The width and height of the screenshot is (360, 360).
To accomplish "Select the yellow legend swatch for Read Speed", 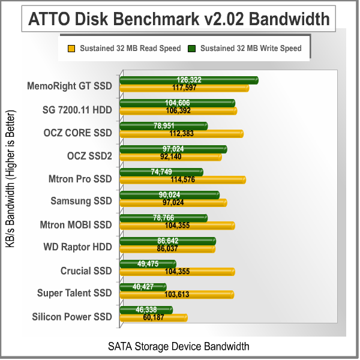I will [71, 48].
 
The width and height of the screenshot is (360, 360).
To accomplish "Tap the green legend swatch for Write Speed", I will [192, 48].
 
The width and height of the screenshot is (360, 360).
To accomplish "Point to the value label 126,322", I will [188, 80].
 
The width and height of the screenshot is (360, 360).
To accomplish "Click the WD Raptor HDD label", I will [77, 247].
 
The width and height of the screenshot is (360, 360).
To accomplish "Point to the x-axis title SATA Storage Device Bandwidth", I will [178, 346].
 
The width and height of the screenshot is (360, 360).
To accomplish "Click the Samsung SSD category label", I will [81, 200].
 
